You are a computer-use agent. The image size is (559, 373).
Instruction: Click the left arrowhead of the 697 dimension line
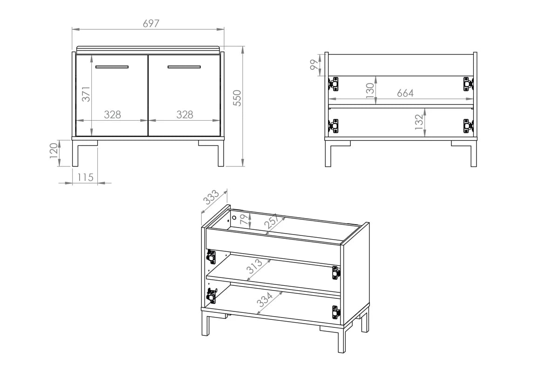pyautogui.click(x=75, y=29)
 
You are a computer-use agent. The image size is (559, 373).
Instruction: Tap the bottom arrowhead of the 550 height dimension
pyautogui.click(x=242, y=163)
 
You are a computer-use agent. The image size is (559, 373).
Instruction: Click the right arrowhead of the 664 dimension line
pyautogui.click(x=470, y=99)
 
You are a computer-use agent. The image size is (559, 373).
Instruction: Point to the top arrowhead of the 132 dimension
pyautogui.click(x=424, y=112)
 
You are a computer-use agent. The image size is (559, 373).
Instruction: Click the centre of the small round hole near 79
pyautogui.click(x=234, y=218)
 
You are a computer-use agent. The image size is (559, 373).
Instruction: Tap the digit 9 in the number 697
pyautogui.click(x=151, y=23)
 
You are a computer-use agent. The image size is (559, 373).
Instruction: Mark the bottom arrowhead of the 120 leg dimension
pyautogui.click(x=59, y=163)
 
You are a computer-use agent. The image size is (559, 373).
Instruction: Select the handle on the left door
pyautogui.click(x=112, y=67)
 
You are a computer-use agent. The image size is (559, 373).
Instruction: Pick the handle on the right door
pyautogui.click(x=184, y=67)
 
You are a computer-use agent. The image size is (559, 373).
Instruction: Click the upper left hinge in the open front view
pyautogui.click(x=334, y=84)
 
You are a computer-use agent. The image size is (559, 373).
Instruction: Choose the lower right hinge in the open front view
pyautogui.click(x=468, y=126)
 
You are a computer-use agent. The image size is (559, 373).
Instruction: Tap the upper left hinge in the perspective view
pyautogui.click(x=211, y=257)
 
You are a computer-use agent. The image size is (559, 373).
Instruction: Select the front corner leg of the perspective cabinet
pyautogui.click(x=341, y=340)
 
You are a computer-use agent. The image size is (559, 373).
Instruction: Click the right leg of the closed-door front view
pyautogui.click(x=221, y=153)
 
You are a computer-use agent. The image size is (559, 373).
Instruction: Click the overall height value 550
pyautogui.click(x=237, y=98)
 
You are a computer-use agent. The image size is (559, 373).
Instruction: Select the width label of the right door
pyautogui.click(x=184, y=115)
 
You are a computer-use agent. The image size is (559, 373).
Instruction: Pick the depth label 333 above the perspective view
pyautogui.click(x=211, y=197)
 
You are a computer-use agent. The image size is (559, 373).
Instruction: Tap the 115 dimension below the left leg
pyautogui.click(x=85, y=177)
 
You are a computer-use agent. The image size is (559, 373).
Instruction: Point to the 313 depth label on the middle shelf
pyautogui.click(x=254, y=266)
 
